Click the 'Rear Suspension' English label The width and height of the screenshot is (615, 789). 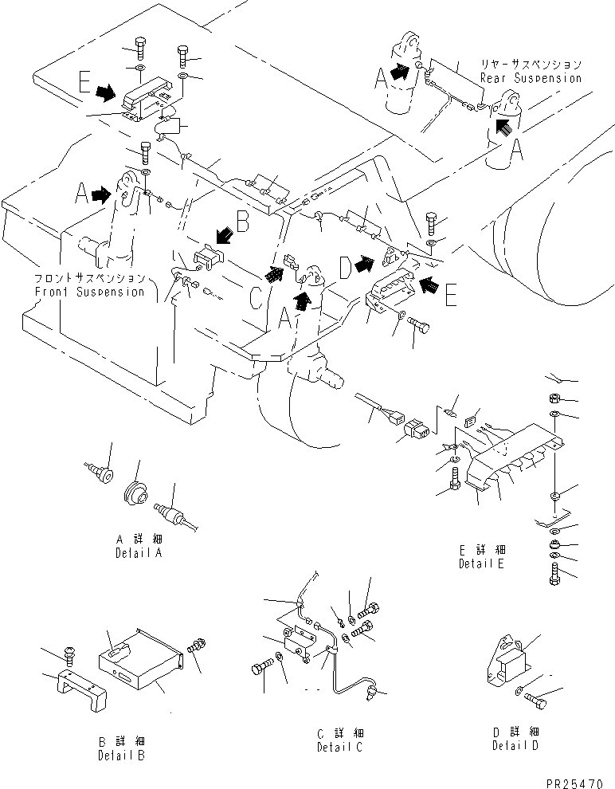point(530,78)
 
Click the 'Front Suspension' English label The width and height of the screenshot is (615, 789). point(88,291)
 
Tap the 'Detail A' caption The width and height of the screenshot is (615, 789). point(139,552)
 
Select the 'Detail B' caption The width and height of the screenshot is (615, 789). point(121,754)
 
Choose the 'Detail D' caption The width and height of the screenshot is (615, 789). point(515,746)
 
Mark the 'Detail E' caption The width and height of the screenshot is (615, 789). point(482,563)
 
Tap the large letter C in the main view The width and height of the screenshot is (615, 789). point(256,296)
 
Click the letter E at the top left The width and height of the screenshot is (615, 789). point(84,82)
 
